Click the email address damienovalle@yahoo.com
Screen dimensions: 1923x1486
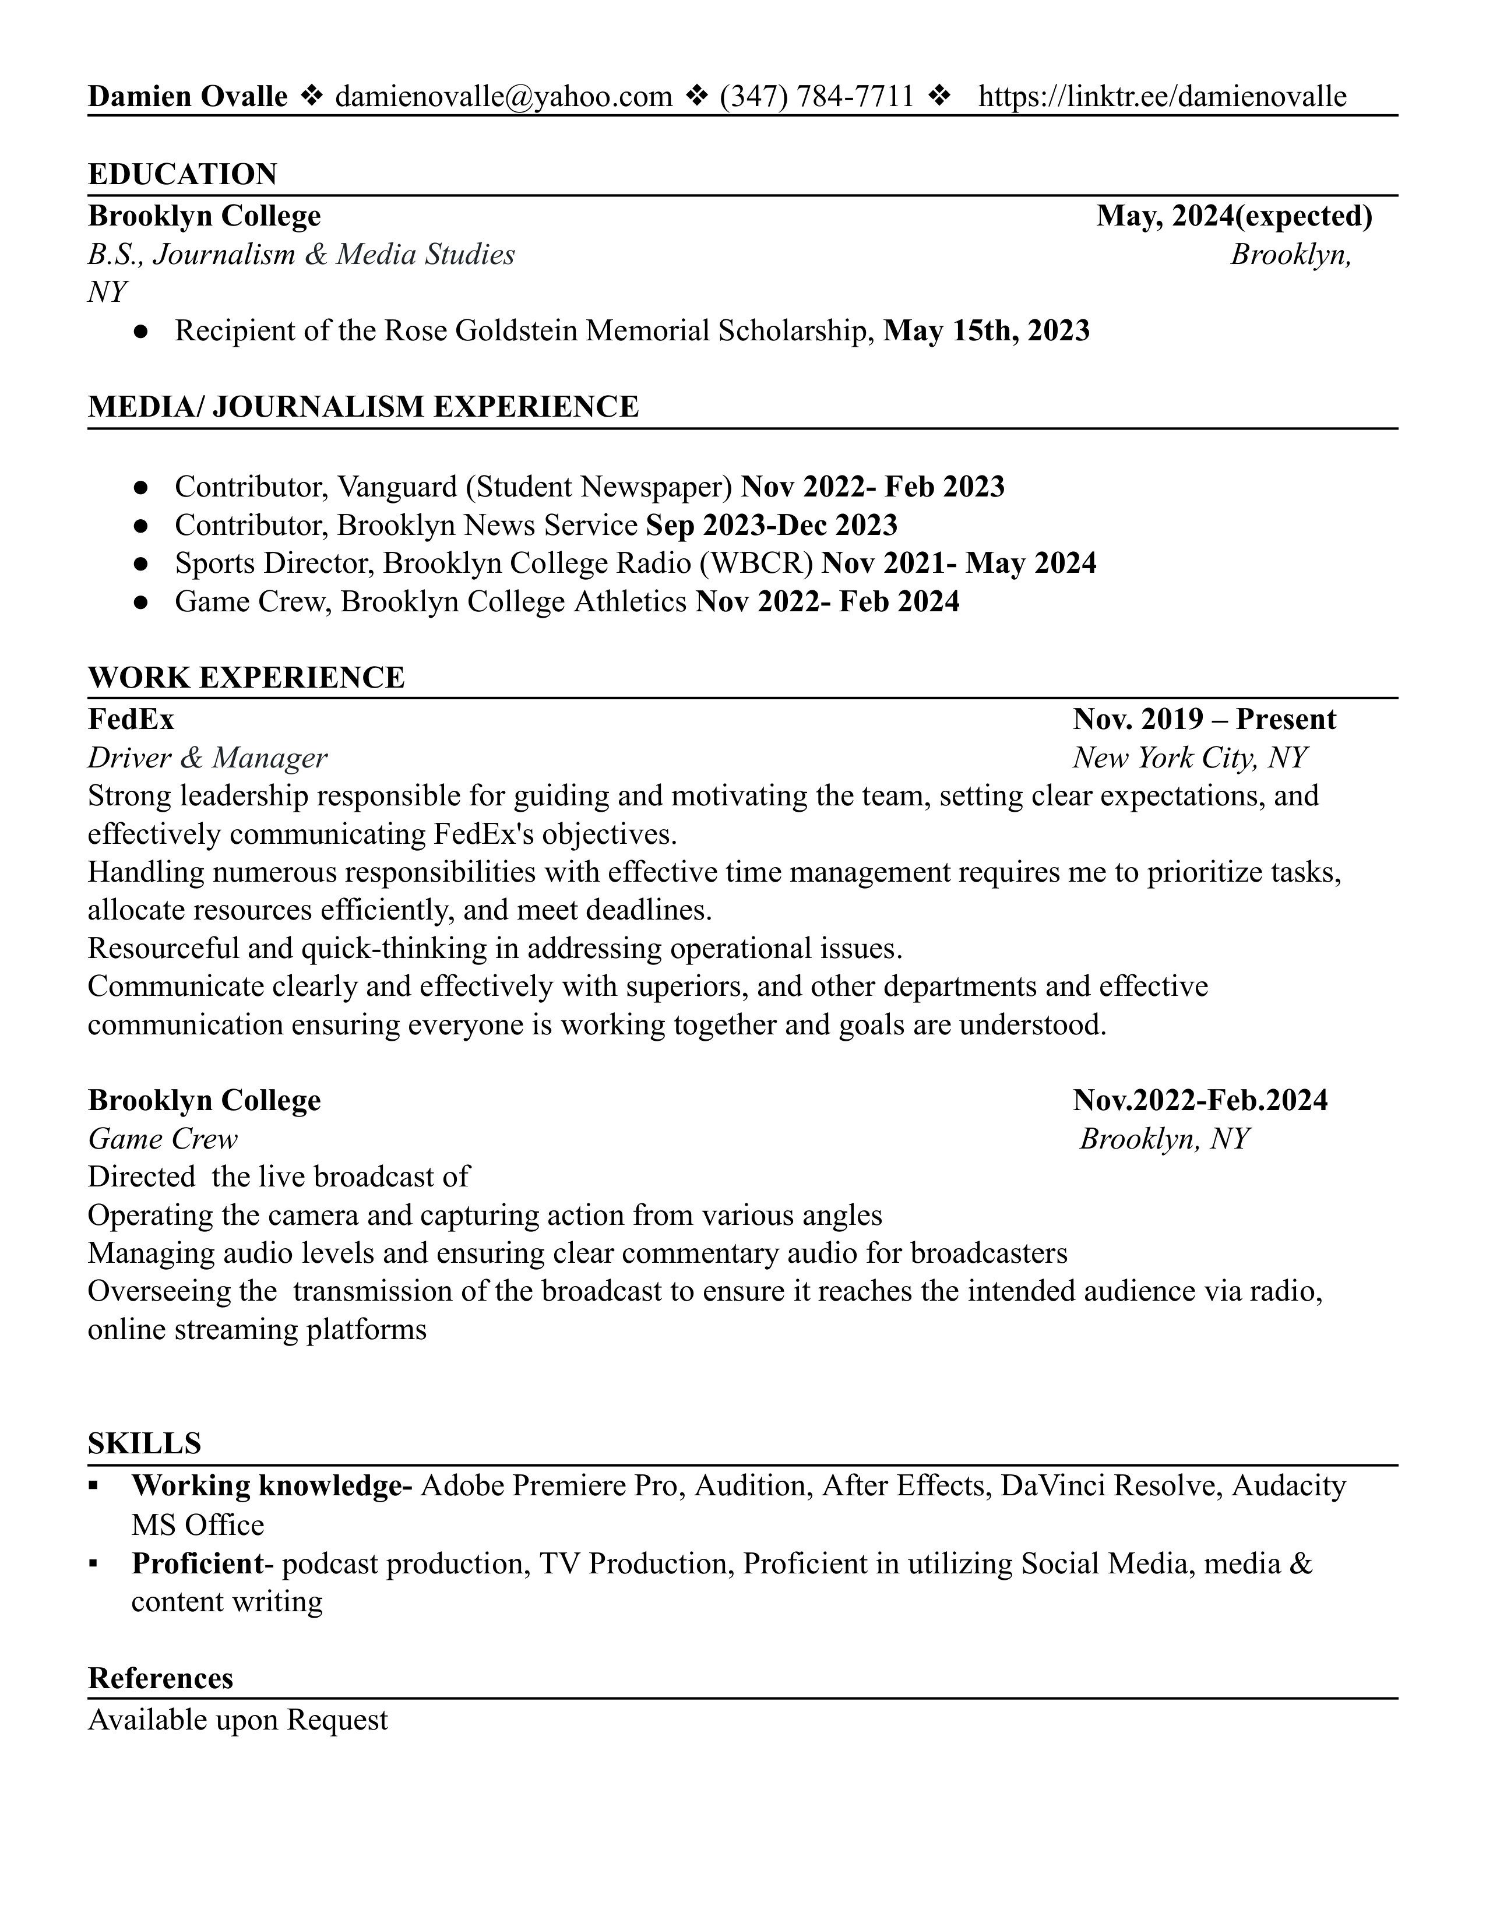tap(503, 96)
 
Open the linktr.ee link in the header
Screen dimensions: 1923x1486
tap(1162, 96)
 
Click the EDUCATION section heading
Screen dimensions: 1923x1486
tap(182, 174)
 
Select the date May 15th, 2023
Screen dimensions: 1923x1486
tap(986, 330)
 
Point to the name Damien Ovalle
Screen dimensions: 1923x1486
tap(188, 96)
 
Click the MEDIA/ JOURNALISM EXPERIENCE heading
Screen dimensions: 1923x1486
tap(362, 407)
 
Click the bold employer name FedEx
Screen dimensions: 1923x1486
tap(131, 719)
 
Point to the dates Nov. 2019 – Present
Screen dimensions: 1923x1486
tap(1203, 719)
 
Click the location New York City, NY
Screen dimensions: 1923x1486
tap(1189, 758)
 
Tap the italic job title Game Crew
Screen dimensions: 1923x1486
tap(162, 1139)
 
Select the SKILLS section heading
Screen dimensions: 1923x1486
tap(145, 1444)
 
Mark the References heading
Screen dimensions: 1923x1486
tap(160, 1678)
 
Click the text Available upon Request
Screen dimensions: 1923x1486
tap(238, 1720)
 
